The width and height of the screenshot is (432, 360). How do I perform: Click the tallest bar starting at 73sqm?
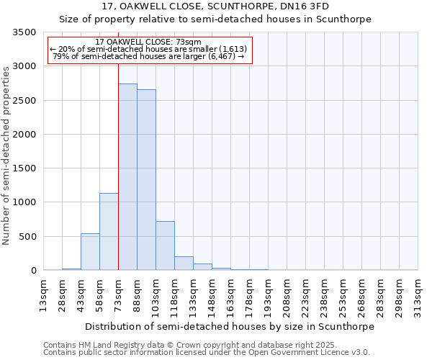tap(127, 177)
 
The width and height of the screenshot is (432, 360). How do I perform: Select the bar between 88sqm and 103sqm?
tap(146, 180)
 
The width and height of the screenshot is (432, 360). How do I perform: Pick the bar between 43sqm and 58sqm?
tap(90, 252)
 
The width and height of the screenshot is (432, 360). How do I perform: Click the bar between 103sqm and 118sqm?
tap(165, 246)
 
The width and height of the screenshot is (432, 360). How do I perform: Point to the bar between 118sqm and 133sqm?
tap(184, 264)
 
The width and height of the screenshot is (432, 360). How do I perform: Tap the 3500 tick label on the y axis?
tap(24, 32)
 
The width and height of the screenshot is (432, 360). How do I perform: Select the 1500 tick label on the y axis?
tap(24, 168)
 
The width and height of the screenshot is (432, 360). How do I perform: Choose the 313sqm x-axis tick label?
tap(418, 296)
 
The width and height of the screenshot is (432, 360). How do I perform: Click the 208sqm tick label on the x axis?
tap(287, 296)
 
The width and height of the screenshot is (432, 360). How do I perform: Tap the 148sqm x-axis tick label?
tap(212, 296)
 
